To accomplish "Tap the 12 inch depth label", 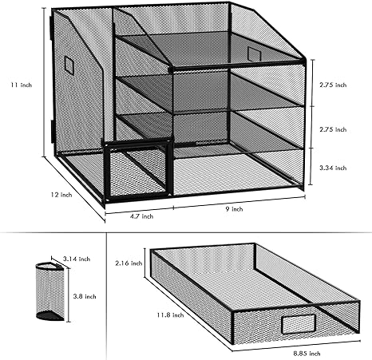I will pyautogui.click(x=60, y=193).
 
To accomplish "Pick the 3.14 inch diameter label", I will pyautogui.click(x=77, y=258).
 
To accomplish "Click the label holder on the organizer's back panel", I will pyautogui.click(x=254, y=53).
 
